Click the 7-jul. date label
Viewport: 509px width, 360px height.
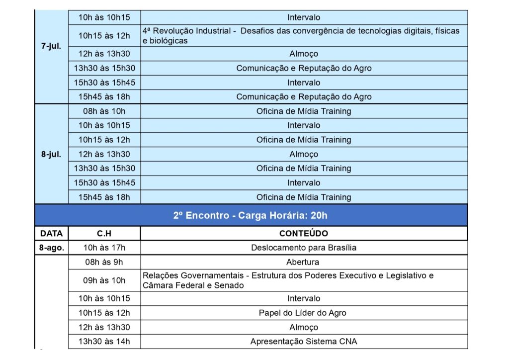pos(51,47)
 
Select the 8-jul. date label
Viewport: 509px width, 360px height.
pos(51,154)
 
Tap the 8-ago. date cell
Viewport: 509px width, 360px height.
pos(52,248)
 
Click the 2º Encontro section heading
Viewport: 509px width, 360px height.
pos(251,216)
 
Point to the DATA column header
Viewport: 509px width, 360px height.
pos(52,233)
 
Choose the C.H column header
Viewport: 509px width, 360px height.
pos(104,233)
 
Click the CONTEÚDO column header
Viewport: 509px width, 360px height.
pos(303,233)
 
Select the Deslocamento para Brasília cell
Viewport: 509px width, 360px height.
pos(303,248)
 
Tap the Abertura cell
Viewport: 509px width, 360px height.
pos(303,262)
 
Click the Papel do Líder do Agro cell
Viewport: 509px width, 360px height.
pos(303,313)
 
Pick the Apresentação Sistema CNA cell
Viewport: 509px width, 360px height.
pos(303,342)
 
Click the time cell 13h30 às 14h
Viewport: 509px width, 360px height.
pos(104,342)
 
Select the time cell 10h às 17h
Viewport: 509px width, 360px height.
pos(104,248)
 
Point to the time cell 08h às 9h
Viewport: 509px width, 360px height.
pos(104,262)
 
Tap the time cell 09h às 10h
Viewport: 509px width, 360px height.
pos(104,280)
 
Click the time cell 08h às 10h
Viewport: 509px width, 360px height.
pos(104,111)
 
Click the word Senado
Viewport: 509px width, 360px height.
pos(230,285)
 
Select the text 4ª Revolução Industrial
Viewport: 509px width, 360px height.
pos(186,31)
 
